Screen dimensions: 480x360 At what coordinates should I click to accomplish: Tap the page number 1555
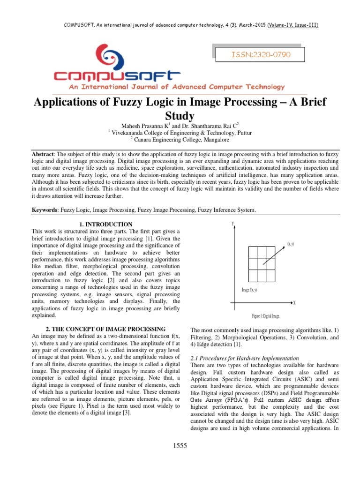point(180,446)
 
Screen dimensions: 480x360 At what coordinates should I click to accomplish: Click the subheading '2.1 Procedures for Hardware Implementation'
point(244,358)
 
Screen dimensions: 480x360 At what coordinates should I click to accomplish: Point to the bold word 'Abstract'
point(43,154)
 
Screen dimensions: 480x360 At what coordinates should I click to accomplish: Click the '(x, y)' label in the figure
point(291,244)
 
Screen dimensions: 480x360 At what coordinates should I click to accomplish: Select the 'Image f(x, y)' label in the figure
point(249,290)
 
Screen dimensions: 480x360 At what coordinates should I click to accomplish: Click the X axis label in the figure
point(294,303)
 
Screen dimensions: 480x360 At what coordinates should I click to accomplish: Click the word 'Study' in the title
point(180,115)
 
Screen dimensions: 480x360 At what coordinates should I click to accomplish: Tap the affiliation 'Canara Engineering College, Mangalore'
point(182,140)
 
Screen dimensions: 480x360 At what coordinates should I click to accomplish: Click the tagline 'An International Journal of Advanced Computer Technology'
point(170,87)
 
